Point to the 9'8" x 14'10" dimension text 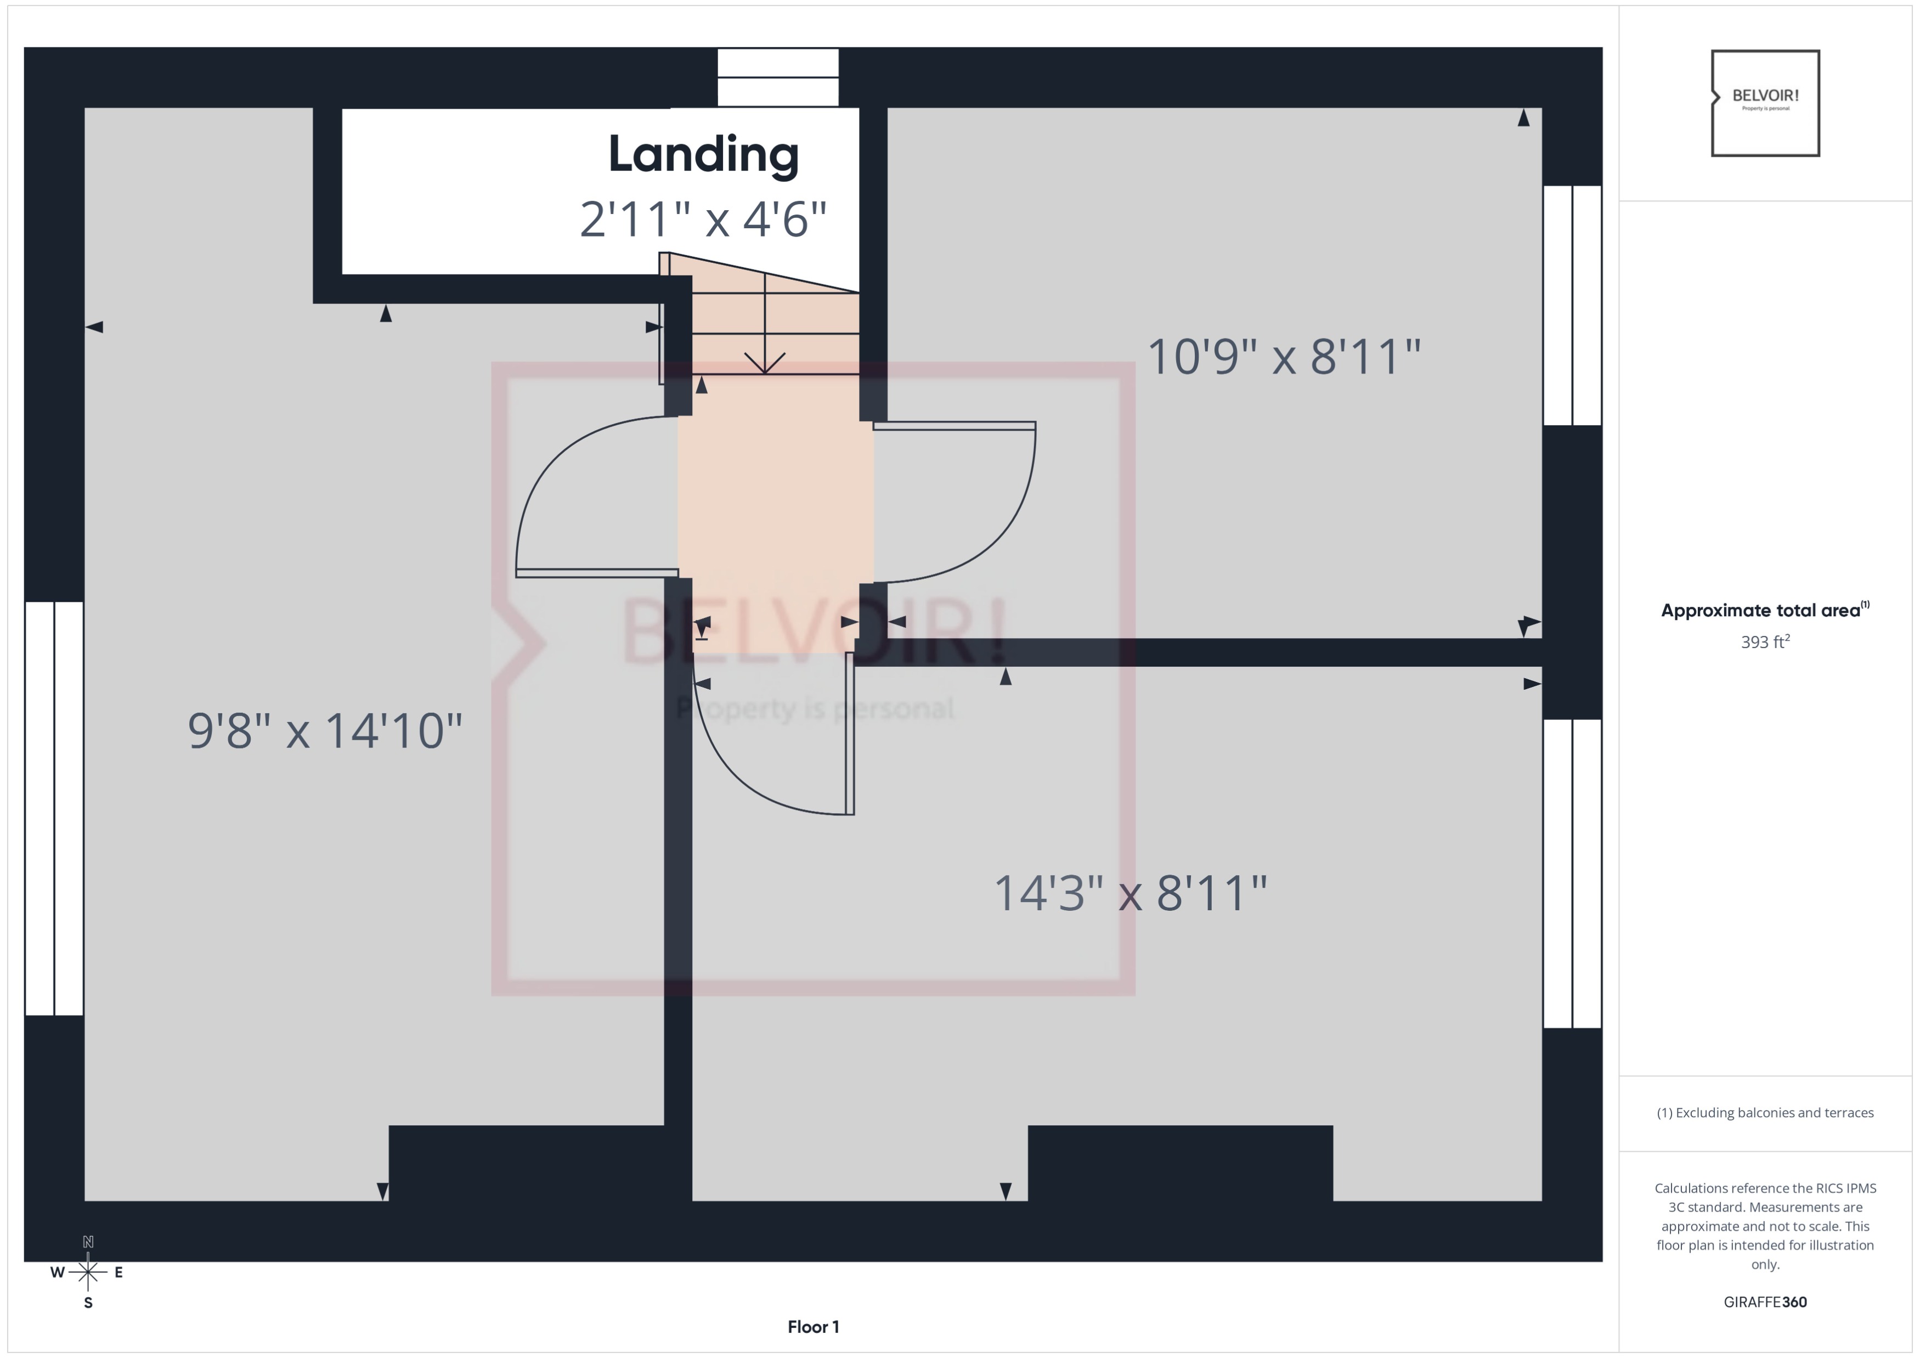[324, 731]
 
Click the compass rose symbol [88, 1272]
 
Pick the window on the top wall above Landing [778, 77]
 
